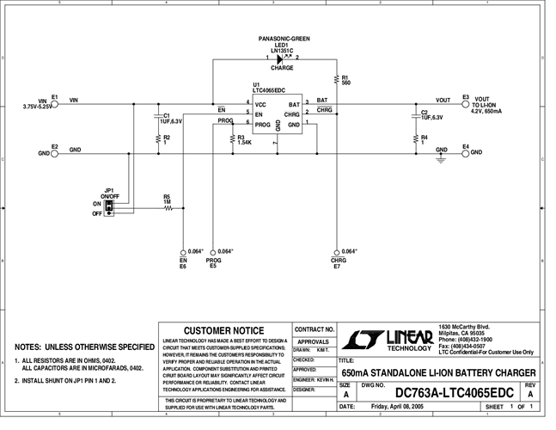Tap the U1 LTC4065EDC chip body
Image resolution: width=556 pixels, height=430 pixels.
tap(277, 115)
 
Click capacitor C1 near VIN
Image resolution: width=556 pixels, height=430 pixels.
tap(158, 115)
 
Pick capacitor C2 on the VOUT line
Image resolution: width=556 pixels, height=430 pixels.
tap(415, 114)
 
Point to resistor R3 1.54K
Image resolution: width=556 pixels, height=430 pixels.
tap(233, 138)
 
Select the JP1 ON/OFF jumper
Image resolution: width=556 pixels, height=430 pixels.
tap(109, 208)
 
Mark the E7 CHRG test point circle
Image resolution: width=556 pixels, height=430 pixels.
tap(336, 251)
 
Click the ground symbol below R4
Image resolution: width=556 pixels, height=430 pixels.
tap(441, 158)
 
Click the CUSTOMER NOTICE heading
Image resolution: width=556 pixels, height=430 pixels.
tap(224, 330)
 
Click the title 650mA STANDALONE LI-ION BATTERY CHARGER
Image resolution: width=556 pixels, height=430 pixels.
tap(438, 372)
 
